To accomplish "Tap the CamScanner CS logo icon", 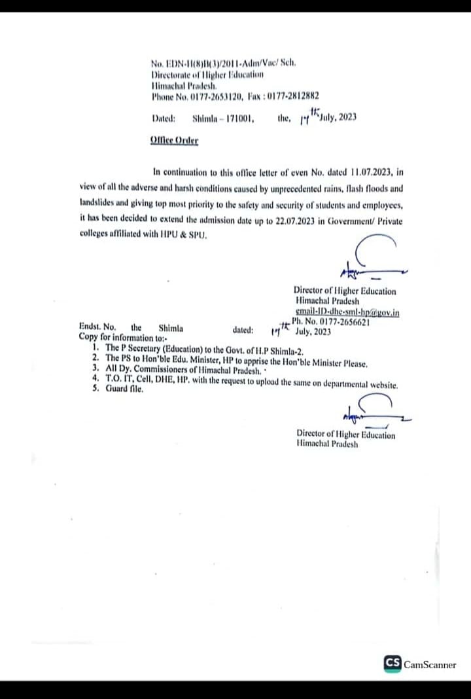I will (392, 664).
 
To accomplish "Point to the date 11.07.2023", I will (370, 173).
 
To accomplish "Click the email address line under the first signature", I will (347, 312).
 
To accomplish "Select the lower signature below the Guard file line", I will (372, 412).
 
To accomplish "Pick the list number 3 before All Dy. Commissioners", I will (96, 369).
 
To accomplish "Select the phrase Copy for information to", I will (122, 338).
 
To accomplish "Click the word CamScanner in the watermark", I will (430, 664).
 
